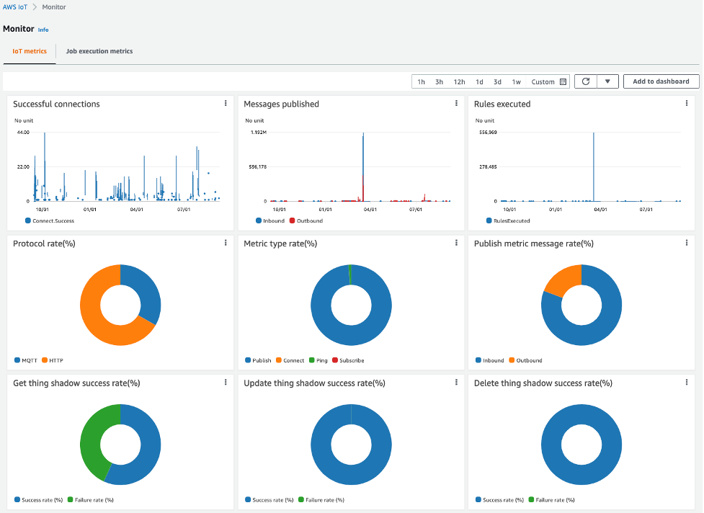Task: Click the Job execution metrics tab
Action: click(x=99, y=51)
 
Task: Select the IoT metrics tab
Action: click(x=30, y=51)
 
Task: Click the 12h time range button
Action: click(x=459, y=81)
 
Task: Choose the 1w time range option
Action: click(x=517, y=81)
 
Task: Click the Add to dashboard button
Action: click(x=661, y=81)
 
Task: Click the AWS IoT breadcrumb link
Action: click(x=15, y=6)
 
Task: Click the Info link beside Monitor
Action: click(x=43, y=30)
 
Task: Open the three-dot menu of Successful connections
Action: click(x=226, y=104)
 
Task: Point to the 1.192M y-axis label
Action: click(x=258, y=133)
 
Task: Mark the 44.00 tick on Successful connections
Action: click(x=22, y=133)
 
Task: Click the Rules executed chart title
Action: click(x=502, y=104)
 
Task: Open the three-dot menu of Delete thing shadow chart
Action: click(x=687, y=383)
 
